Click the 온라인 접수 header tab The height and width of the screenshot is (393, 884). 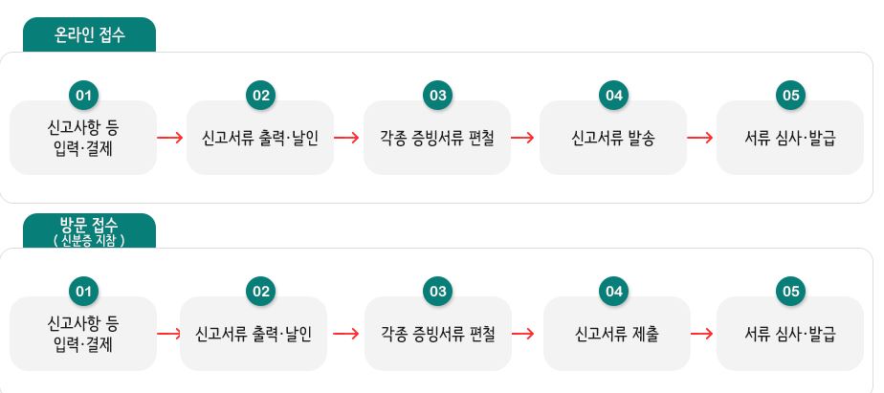[90, 35]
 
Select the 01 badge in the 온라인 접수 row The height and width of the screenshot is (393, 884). [84, 96]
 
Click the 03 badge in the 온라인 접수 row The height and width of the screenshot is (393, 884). [437, 96]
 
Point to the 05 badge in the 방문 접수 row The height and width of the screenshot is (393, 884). [790, 292]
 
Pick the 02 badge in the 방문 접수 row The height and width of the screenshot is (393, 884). [260, 292]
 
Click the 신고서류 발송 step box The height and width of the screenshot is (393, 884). [613, 138]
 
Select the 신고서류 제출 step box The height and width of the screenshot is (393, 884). [616, 334]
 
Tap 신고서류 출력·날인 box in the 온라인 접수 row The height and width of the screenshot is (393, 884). [260, 138]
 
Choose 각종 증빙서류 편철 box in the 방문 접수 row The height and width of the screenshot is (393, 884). [438, 334]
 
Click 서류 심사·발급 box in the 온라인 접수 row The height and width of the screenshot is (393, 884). [790, 138]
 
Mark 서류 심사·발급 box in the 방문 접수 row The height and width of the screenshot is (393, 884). [790, 334]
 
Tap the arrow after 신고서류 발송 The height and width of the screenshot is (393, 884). [700, 137]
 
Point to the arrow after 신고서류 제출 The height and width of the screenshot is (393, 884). [702, 334]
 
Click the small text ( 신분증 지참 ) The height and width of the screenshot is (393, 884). [90, 240]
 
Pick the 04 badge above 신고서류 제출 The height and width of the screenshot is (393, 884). [613, 292]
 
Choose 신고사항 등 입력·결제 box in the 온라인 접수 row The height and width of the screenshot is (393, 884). [83, 138]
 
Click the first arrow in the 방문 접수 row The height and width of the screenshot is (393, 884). [168, 334]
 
